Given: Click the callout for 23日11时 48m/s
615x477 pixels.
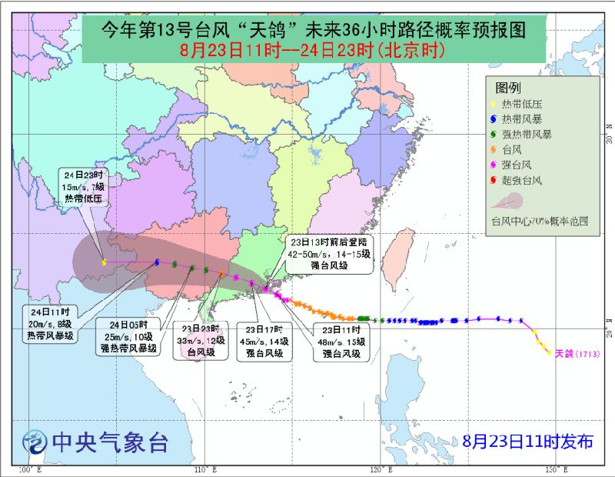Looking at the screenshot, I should tap(341, 342).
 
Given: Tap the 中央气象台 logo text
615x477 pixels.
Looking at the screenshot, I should tap(108, 442).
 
